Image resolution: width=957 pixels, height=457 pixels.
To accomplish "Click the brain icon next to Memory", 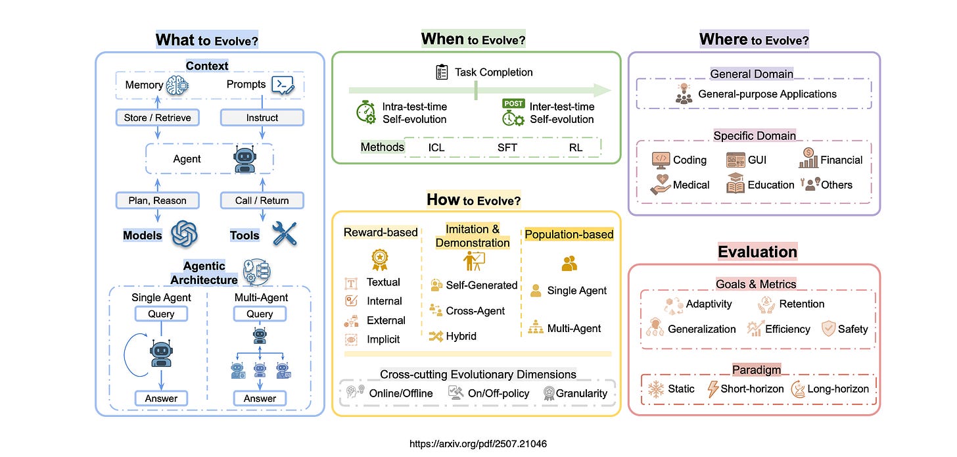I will [x=178, y=84].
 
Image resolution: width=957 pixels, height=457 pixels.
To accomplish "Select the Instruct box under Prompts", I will [x=262, y=118].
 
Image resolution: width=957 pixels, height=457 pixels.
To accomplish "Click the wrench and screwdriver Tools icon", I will [x=284, y=234].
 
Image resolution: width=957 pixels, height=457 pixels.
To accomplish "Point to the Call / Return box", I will [x=262, y=201].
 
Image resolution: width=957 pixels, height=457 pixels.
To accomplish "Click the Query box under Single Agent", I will [x=161, y=314].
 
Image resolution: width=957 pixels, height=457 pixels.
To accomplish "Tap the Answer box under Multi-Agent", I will [x=260, y=398].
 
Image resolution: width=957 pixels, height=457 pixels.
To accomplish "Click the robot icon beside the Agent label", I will [x=244, y=158].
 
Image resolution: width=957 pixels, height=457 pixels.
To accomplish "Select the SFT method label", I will [x=507, y=147].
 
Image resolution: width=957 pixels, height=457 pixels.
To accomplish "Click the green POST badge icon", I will [x=513, y=103].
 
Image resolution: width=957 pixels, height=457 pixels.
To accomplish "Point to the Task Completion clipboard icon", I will [x=442, y=72].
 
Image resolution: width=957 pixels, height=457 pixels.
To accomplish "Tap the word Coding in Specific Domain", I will [x=689, y=160].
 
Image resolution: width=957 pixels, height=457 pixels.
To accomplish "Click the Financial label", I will [x=841, y=160].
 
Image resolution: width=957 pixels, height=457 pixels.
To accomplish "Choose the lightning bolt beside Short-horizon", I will [x=712, y=389].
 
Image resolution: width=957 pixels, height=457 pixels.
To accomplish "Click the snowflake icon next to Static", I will [x=656, y=389].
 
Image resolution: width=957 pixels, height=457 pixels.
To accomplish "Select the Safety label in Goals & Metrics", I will [x=852, y=329].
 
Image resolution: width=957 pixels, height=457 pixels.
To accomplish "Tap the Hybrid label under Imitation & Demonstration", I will [x=461, y=336].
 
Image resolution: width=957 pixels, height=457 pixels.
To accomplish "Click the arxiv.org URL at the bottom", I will [x=478, y=444].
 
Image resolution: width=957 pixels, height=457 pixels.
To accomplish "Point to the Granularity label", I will [x=581, y=393].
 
